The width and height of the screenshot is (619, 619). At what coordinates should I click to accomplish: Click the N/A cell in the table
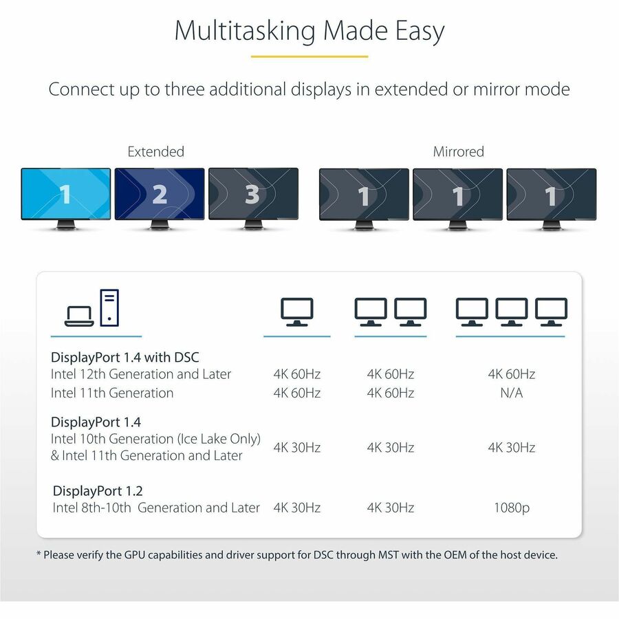(x=511, y=393)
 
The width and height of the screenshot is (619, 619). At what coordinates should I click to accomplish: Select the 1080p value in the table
(x=511, y=508)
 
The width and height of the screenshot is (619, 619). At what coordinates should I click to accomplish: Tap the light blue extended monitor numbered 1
(x=65, y=194)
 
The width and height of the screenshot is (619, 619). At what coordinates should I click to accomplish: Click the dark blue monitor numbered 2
(x=160, y=194)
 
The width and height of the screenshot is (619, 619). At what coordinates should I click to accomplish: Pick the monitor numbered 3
(x=253, y=194)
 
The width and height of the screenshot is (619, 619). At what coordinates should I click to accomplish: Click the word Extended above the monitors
(x=156, y=151)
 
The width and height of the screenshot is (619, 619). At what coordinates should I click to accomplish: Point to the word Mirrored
(x=458, y=151)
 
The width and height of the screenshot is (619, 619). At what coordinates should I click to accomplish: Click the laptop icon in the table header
(x=78, y=316)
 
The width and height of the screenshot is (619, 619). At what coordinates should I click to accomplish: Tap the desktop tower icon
(x=109, y=307)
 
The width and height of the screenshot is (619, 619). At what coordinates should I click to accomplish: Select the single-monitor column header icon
(x=296, y=312)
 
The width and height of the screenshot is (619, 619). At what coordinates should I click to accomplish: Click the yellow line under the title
(x=309, y=57)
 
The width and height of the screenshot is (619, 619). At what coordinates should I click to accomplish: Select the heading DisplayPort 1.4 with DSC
(x=125, y=357)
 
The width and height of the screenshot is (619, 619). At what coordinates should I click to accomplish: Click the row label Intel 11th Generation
(x=112, y=393)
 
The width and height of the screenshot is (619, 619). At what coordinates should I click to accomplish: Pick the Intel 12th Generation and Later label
(x=141, y=374)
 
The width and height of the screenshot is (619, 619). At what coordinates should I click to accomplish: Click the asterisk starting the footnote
(x=39, y=554)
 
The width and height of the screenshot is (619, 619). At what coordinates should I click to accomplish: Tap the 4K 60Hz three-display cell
(x=511, y=374)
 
